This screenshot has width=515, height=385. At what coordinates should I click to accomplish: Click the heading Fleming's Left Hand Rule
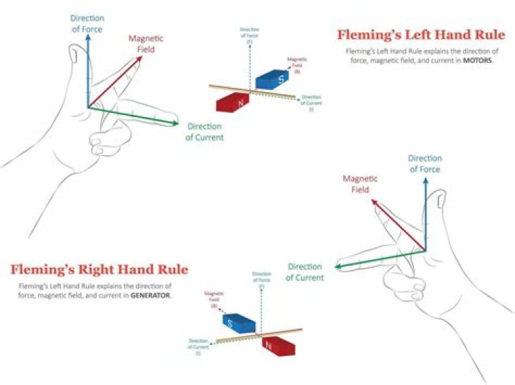click(421, 34)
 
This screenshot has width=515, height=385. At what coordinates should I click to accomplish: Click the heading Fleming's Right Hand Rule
click(99, 269)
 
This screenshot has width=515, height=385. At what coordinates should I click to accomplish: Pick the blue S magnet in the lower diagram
click(235, 324)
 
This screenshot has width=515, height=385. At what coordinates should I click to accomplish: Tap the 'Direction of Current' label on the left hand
click(205, 132)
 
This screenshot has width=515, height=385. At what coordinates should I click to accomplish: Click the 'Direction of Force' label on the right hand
click(424, 164)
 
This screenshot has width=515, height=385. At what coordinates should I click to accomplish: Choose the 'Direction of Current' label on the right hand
click(305, 272)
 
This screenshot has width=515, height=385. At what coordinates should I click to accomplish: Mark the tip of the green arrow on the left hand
click(179, 124)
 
